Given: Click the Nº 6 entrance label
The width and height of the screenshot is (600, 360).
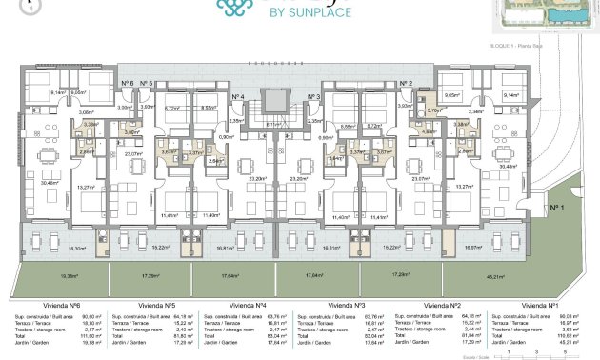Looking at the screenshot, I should pos(127,84).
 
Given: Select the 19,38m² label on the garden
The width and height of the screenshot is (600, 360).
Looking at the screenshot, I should pos(70,276).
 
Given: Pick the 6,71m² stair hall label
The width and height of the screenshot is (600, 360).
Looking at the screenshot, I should pos(275,124).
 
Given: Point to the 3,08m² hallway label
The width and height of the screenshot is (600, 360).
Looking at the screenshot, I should pos(84,112).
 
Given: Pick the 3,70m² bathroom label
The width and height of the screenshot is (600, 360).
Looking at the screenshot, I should pos(434,110).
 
